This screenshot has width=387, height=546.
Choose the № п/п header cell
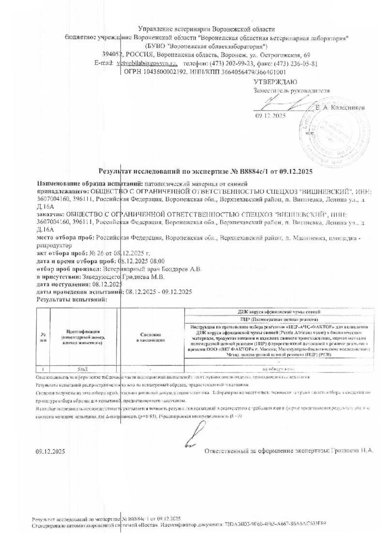click(43, 337)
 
